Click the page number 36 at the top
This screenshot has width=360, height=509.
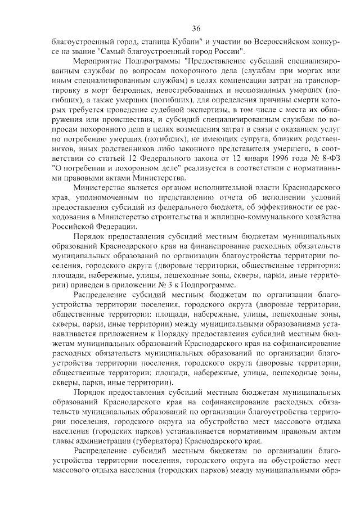[x=196, y=29]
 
